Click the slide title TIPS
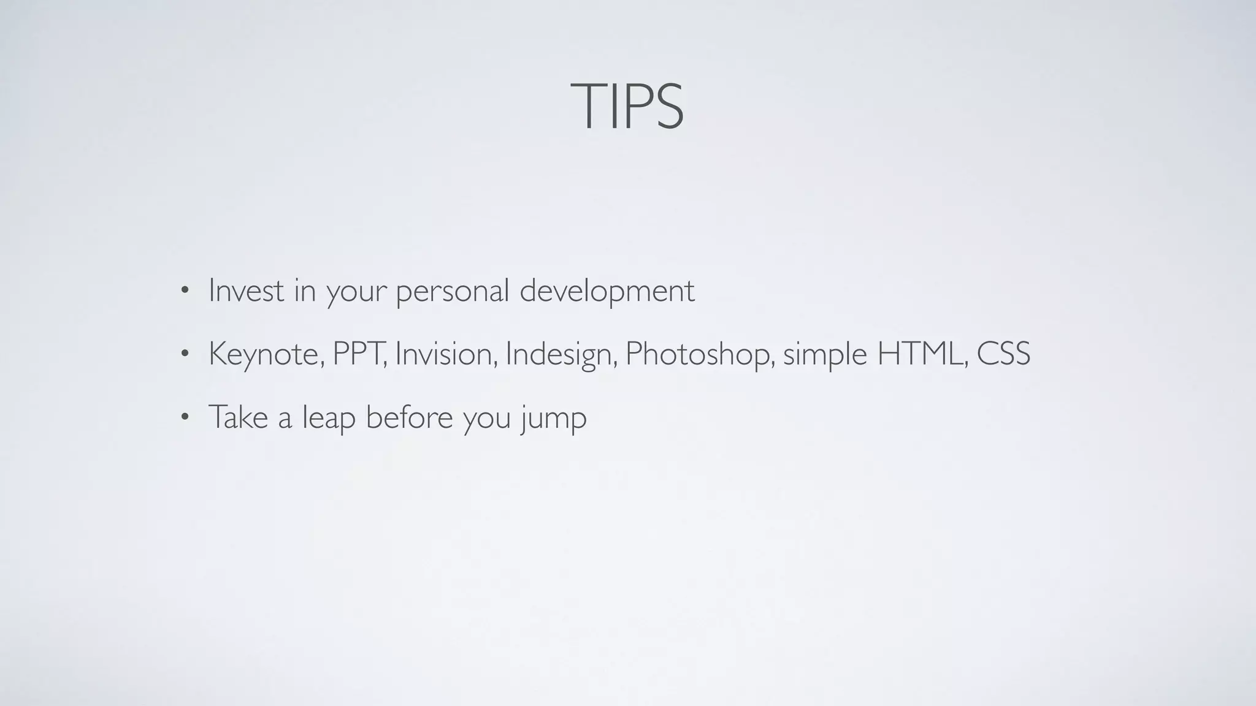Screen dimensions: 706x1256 [627, 107]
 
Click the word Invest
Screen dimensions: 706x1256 [246, 290]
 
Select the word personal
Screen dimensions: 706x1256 [453, 292]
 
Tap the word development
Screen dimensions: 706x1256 [607, 292]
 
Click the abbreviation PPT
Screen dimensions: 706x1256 [359, 354]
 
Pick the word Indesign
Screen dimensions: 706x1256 [561, 355]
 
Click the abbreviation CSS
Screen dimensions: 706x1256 [1003, 354]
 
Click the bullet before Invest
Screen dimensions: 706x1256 [185, 292]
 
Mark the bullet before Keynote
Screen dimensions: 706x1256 [185, 355]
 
